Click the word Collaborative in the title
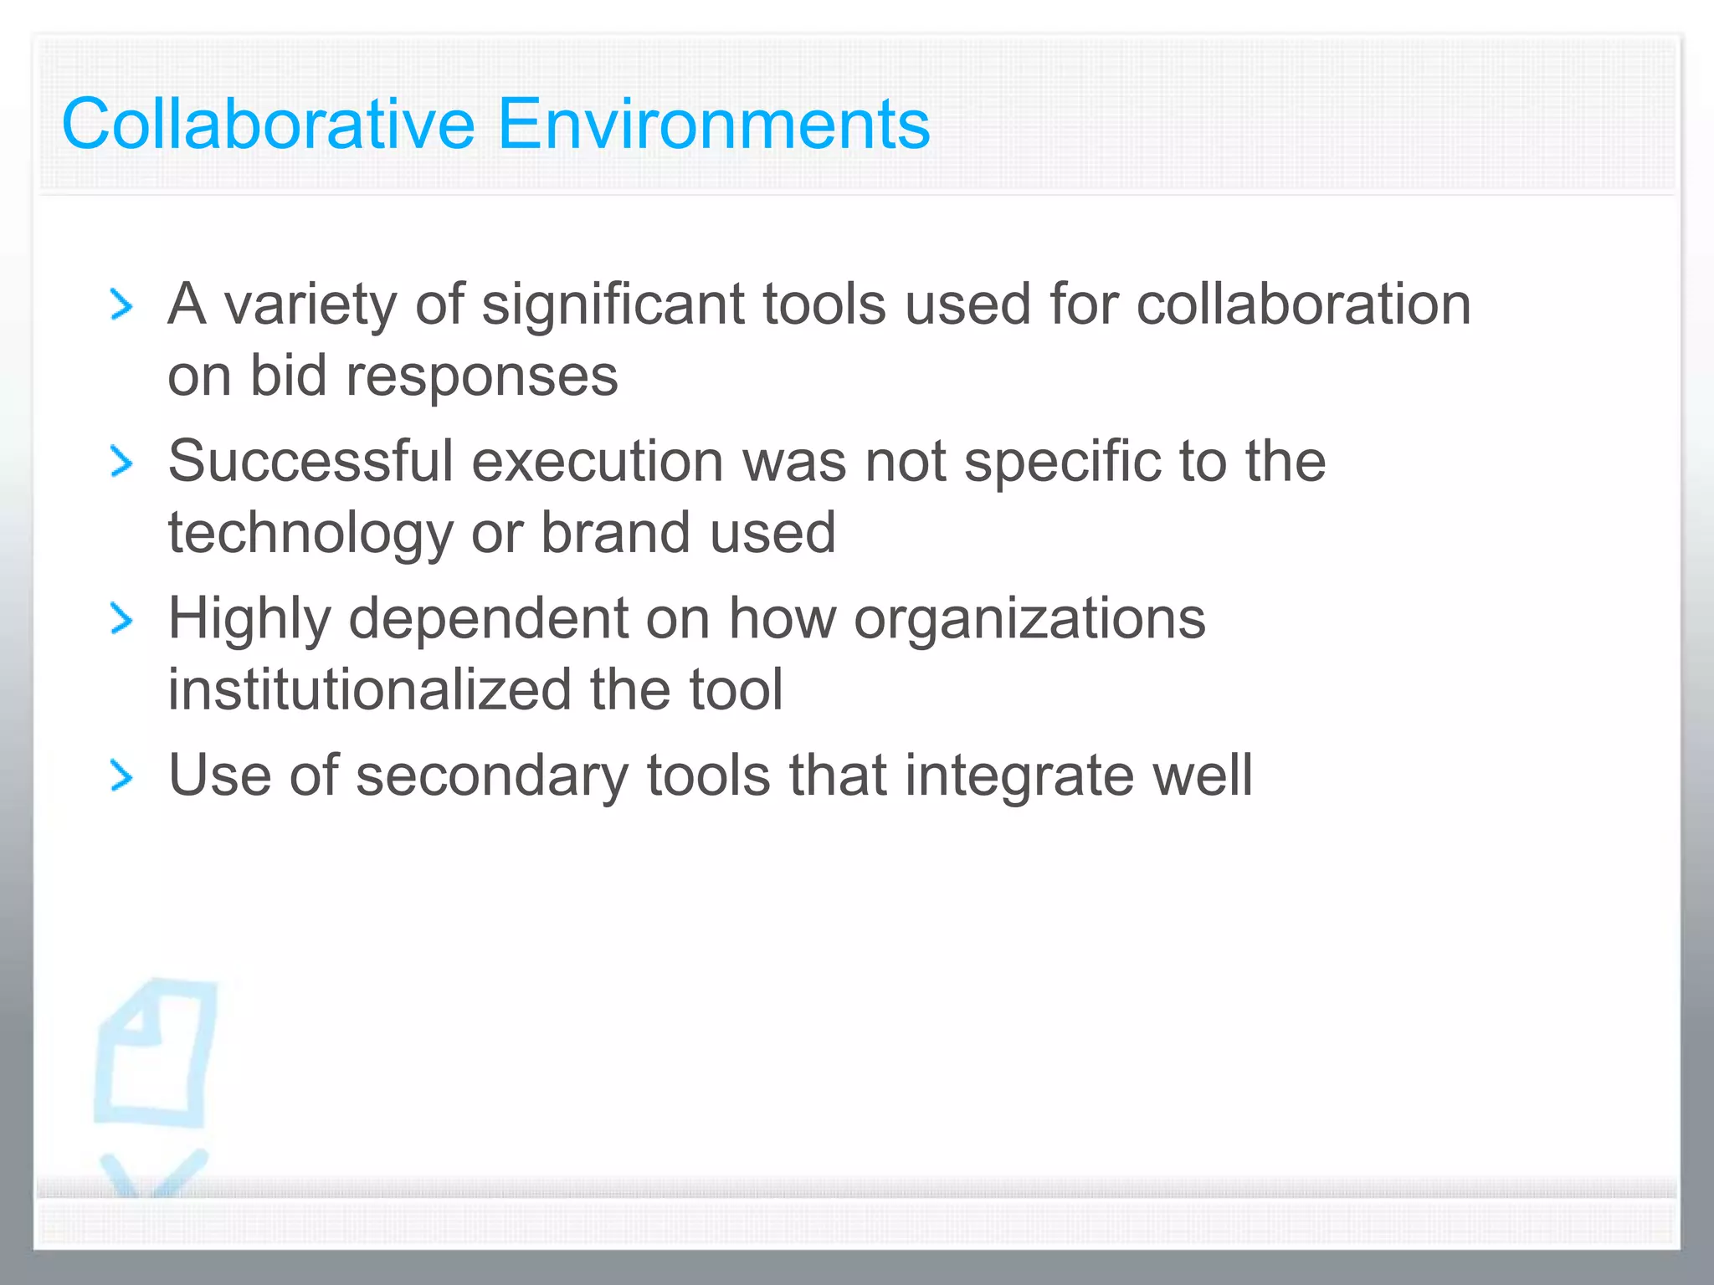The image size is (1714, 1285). [269, 125]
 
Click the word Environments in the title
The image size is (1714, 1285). [714, 125]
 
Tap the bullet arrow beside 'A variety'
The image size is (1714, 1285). [122, 305]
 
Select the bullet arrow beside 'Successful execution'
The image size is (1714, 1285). [122, 463]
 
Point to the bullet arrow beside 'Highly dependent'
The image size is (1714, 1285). [122, 620]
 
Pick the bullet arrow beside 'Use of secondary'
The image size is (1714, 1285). [122, 777]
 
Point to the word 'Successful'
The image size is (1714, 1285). [310, 461]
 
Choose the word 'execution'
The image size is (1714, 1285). [597, 461]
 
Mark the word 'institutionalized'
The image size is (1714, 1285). [369, 690]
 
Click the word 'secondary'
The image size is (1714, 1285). [491, 777]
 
